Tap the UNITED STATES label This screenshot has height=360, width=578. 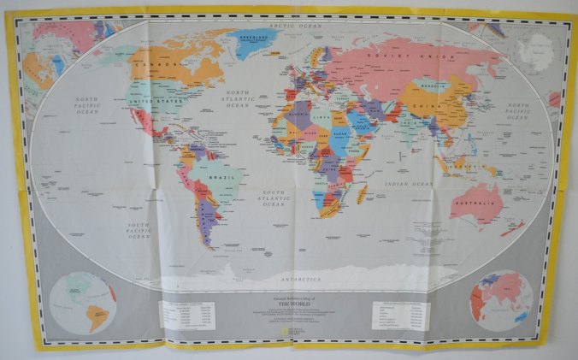(x=157, y=102)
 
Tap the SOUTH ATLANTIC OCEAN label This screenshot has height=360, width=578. (x=274, y=198)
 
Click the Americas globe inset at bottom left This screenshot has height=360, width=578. (x=83, y=303)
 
